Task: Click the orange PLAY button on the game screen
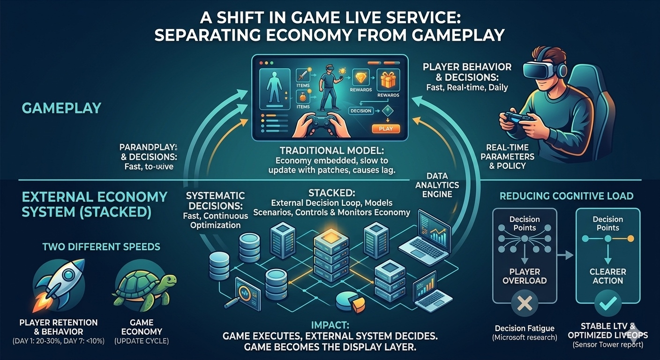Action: [385, 128]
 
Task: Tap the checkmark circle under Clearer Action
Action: [607, 305]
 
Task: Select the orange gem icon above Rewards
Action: [360, 78]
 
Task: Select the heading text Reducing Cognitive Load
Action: [566, 195]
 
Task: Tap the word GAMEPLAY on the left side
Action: [61, 108]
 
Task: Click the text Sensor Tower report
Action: [607, 345]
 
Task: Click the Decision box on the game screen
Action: [360, 111]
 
